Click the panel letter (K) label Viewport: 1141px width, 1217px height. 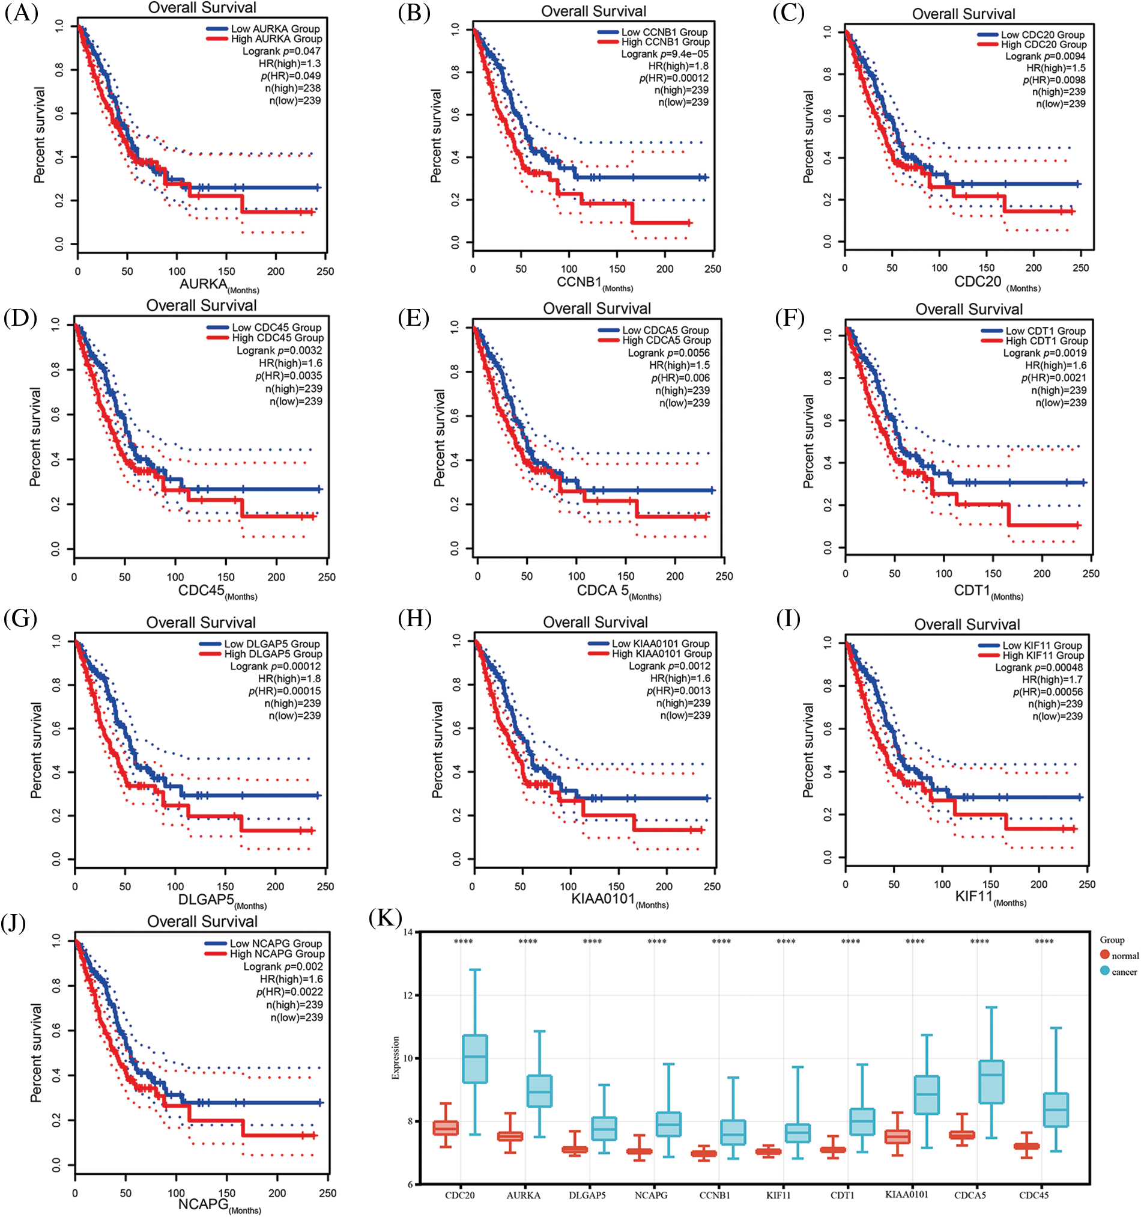coord(386,918)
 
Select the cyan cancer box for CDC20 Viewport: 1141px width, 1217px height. coord(475,1058)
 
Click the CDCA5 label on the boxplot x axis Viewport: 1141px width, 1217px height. coord(970,1194)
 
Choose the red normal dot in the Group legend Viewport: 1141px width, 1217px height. coord(1104,954)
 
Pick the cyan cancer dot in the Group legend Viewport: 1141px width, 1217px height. coord(1104,970)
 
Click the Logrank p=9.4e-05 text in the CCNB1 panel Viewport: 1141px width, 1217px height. coord(664,54)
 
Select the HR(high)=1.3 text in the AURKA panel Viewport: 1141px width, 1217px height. coord(289,64)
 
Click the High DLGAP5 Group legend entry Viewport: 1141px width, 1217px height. coord(272,654)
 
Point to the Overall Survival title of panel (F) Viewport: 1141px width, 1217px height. coord(969,309)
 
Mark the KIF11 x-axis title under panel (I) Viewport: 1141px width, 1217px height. coord(973,897)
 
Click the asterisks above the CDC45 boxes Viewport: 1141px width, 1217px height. coord(1044,942)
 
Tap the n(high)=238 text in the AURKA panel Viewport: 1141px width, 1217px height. coord(292,88)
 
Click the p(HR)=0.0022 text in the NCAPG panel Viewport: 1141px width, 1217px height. coord(289,992)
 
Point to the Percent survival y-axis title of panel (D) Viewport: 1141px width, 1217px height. coord(35,436)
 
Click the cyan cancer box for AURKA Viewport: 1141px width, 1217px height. coord(539,1090)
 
